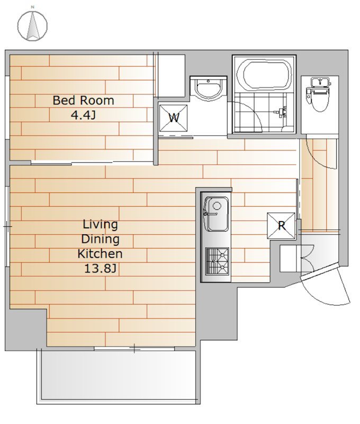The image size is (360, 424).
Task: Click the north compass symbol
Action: pos(32,25)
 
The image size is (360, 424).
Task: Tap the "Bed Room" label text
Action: pos(83,100)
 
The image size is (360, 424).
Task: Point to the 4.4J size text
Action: pos(83,115)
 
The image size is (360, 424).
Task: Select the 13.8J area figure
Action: pos(100,269)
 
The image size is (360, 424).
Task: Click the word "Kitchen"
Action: pos(100,254)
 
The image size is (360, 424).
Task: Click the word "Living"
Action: pos(100,224)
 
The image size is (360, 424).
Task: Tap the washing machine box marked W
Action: pos(173,118)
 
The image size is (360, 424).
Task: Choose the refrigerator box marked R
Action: pos(281,226)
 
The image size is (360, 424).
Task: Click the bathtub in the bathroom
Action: pos(265,74)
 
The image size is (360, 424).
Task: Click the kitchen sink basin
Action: pos(217,214)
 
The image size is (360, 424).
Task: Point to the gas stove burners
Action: pos(217,261)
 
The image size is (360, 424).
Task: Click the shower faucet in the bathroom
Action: pos(282,112)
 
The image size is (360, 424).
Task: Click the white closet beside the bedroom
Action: pos(171,76)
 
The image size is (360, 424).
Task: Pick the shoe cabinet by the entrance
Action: pos(288,259)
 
